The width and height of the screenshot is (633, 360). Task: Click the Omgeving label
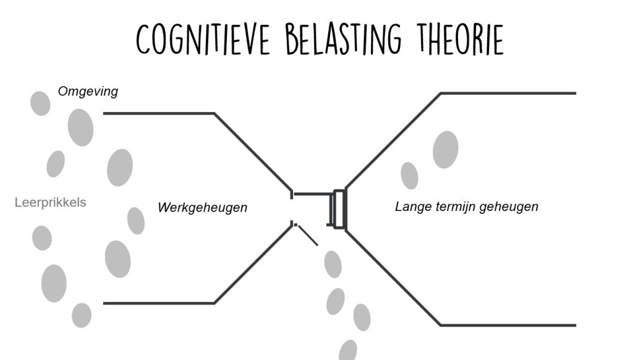click(88, 92)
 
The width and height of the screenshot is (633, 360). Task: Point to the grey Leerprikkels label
click(51, 202)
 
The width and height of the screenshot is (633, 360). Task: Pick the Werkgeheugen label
click(202, 207)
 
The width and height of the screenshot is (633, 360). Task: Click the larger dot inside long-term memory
click(445, 149)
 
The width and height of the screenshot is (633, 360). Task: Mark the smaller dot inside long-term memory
click(409, 175)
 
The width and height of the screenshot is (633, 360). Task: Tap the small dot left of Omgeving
click(40, 103)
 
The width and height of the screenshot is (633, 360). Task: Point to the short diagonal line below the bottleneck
click(308, 235)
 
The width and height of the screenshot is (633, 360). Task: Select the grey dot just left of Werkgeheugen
click(136, 221)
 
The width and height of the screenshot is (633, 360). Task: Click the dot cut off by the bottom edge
click(348, 351)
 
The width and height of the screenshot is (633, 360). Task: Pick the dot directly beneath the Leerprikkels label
click(42, 238)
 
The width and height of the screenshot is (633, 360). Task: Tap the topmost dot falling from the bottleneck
click(333, 264)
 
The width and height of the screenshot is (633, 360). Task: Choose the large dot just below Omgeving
click(80, 127)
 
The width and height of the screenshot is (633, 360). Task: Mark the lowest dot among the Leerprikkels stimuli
click(82, 315)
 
